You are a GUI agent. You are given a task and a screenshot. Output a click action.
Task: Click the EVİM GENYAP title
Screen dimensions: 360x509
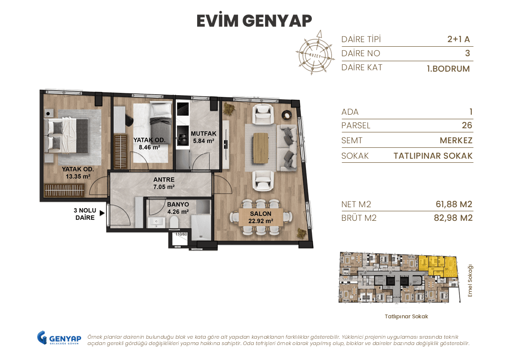click(254, 21)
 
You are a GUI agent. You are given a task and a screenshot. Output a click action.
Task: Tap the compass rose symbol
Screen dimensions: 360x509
click(314, 53)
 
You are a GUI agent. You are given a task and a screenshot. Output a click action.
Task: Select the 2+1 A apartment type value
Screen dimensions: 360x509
click(458, 39)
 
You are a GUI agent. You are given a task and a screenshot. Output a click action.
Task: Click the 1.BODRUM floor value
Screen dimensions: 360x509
click(448, 69)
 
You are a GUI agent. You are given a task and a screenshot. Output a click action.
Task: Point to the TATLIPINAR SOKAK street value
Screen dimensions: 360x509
click(433, 156)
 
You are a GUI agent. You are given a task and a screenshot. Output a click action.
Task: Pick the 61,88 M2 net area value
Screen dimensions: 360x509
click(454, 204)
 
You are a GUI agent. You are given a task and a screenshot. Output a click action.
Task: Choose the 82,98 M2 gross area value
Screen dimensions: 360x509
click(453, 218)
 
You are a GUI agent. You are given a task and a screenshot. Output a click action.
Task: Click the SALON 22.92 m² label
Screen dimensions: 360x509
click(260, 217)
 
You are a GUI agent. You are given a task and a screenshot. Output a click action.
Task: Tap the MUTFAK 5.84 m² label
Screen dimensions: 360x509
click(204, 137)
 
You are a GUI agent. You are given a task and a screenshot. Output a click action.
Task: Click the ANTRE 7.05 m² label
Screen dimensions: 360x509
click(164, 183)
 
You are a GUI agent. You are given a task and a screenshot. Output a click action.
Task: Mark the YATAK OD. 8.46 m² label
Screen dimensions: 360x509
click(149, 143)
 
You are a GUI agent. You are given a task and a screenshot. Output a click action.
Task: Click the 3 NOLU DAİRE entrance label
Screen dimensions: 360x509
click(85, 214)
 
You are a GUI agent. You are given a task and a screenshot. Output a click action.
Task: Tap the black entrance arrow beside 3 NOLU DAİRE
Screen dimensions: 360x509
click(102, 212)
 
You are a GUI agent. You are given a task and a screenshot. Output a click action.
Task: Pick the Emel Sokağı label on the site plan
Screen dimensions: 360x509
click(470, 280)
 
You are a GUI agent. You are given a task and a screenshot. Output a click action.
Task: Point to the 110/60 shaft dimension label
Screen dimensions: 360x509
click(181, 234)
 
